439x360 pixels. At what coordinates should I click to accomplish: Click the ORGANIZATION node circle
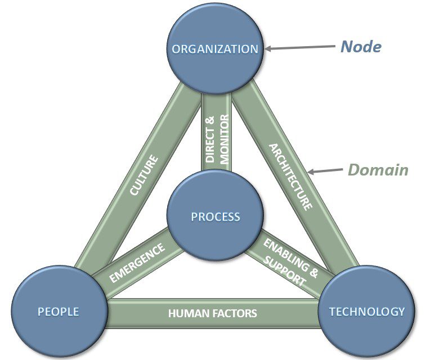point(215,62)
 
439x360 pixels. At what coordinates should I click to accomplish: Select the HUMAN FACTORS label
point(212,313)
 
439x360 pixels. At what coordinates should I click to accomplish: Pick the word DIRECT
point(210,139)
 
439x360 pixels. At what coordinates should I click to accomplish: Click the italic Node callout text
point(361,47)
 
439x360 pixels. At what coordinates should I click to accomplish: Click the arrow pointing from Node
point(298,49)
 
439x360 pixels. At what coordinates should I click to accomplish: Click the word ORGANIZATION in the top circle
point(215,49)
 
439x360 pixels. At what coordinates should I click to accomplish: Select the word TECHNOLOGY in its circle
point(366,311)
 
